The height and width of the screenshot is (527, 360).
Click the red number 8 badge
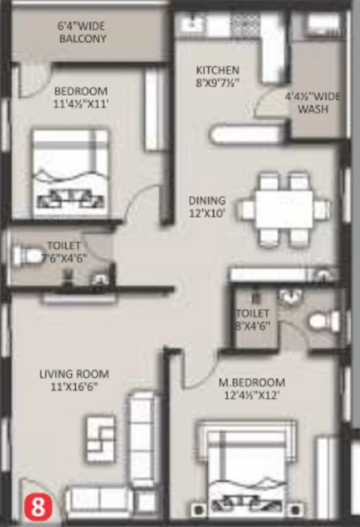[x=38, y=506]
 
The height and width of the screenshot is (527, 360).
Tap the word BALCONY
[x=82, y=38]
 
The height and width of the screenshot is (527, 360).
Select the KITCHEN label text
[x=217, y=70]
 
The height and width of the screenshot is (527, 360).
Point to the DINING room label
[x=207, y=200]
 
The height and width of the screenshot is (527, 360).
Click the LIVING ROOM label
[x=74, y=374]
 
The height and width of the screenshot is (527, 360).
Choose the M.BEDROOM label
[x=252, y=382]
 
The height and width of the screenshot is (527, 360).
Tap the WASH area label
[x=313, y=109]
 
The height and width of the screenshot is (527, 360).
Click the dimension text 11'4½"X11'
[x=81, y=104]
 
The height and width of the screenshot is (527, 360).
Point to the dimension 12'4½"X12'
[x=252, y=395]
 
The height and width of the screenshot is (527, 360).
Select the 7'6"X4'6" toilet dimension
[x=64, y=259]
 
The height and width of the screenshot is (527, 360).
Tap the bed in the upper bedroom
[x=71, y=172]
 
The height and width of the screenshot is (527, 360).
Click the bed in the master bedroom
[x=246, y=471]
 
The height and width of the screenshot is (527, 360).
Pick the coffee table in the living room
[x=101, y=439]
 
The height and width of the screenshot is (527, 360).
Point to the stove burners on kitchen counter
[x=245, y=25]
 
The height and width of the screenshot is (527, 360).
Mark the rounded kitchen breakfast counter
[x=248, y=134]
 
